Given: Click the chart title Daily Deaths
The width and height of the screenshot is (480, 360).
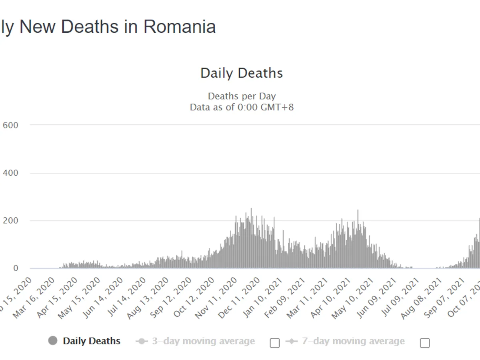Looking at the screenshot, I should [242, 73].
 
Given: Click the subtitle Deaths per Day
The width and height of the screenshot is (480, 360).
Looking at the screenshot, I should [242, 96].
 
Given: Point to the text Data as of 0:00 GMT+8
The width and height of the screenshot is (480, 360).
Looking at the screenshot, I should [242, 107].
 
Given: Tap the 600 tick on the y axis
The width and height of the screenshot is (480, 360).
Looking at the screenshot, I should [10, 125].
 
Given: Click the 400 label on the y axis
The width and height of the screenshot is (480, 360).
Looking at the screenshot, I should [10, 173].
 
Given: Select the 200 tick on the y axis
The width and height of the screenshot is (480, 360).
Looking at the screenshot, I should [10, 220].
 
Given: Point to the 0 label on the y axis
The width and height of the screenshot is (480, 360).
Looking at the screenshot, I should [16, 268].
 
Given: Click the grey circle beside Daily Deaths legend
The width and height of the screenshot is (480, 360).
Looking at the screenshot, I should [52, 341].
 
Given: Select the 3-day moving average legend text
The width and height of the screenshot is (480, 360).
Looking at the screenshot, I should [203, 341].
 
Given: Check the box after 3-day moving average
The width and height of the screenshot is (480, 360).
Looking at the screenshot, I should [275, 343].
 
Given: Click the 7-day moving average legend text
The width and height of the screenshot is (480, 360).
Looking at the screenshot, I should [353, 341].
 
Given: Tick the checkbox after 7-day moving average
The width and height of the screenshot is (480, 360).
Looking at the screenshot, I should [425, 343].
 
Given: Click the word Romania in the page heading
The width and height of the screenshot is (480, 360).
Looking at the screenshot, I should [180, 27].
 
